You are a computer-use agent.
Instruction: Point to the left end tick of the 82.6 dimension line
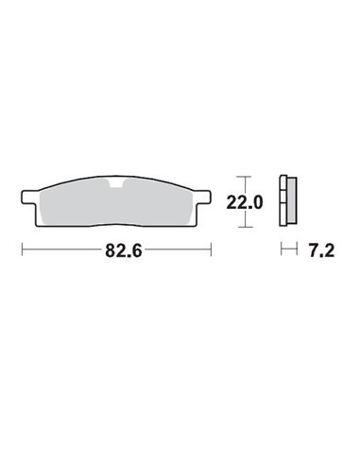click(x=22, y=250)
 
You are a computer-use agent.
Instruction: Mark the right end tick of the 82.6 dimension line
click(x=211, y=250)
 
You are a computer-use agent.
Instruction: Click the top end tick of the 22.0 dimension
click(x=244, y=176)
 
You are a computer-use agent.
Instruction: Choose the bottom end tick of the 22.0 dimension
click(x=244, y=228)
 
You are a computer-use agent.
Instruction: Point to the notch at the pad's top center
click(x=116, y=185)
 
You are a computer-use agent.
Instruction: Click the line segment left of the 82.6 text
click(x=57, y=250)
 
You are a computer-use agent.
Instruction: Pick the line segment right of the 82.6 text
click(x=175, y=250)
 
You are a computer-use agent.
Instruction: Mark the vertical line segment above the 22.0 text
click(x=244, y=184)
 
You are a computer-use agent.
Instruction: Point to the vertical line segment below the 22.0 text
click(x=244, y=220)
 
